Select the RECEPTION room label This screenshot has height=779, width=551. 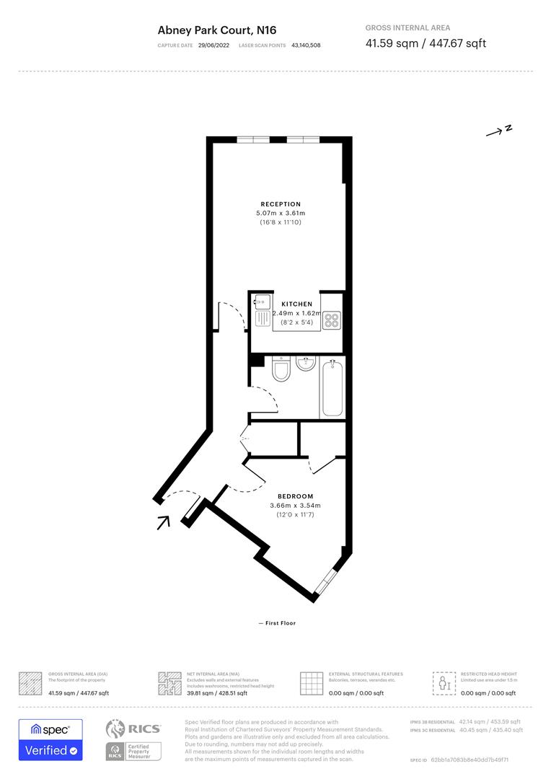(x=281, y=204)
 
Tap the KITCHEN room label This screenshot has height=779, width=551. (x=296, y=304)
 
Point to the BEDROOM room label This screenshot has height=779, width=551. (x=296, y=496)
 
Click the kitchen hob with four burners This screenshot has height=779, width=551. (x=332, y=320)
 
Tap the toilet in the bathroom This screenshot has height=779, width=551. (x=281, y=370)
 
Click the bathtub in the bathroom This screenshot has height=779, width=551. (x=332, y=388)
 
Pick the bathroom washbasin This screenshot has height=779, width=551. (x=305, y=363)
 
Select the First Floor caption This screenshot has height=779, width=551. (x=278, y=623)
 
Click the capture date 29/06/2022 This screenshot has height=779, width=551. (x=213, y=45)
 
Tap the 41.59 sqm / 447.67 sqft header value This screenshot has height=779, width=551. (x=426, y=43)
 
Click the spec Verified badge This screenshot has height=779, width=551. (x=50, y=740)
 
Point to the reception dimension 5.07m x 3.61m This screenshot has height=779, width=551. (x=281, y=214)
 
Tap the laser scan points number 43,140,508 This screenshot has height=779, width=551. (x=306, y=45)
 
